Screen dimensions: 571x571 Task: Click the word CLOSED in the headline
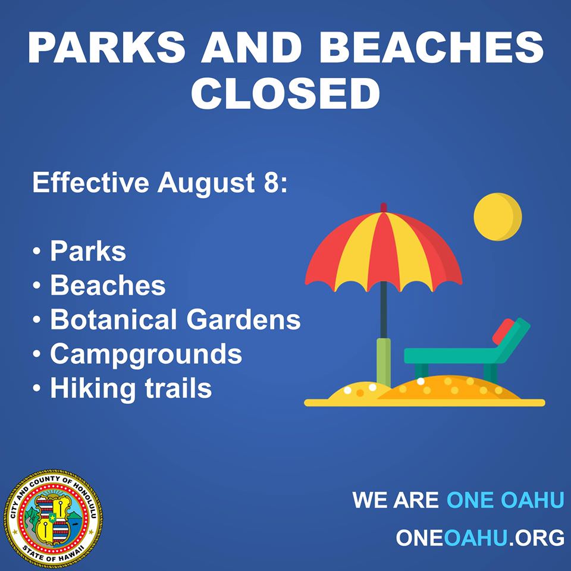(285, 93)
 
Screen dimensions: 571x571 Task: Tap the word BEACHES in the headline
(431, 48)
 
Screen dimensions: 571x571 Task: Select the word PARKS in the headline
(106, 48)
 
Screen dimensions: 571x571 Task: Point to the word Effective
(90, 182)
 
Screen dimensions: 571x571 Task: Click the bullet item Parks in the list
(88, 251)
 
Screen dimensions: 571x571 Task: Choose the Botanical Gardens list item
(175, 319)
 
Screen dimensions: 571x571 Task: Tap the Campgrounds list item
(146, 354)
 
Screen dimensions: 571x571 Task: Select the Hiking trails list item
(131, 388)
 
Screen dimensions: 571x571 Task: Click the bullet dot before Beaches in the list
(36, 285)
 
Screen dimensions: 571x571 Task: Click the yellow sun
(497, 217)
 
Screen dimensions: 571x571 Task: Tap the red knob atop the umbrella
(384, 208)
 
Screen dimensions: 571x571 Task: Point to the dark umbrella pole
(384, 310)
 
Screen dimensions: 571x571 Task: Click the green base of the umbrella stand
(384, 362)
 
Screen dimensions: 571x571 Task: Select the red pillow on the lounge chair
(504, 331)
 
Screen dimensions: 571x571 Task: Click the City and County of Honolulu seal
(53, 519)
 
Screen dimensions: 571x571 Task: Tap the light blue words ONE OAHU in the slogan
(506, 500)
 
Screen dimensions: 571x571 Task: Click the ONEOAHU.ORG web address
(480, 538)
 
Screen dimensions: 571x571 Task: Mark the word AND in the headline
(252, 48)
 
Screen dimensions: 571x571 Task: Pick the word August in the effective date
(206, 183)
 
